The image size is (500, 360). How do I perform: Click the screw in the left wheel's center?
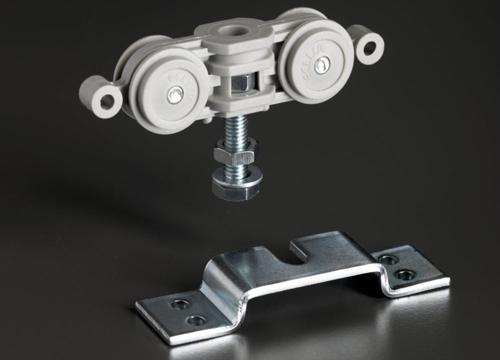coord(175,94)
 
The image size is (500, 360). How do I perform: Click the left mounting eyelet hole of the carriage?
coord(106,101)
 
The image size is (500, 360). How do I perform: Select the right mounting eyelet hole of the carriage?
coord(370,48)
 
